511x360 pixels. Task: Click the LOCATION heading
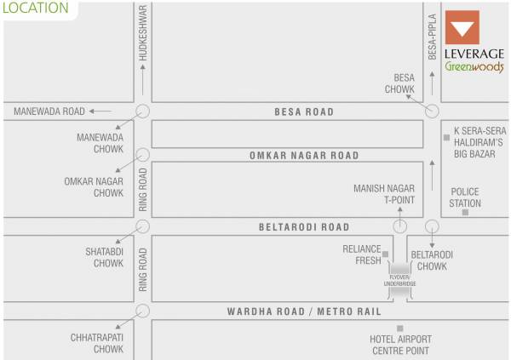(x=35, y=9)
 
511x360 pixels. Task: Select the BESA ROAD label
(x=304, y=111)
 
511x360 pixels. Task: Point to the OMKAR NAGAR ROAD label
(x=304, y=156)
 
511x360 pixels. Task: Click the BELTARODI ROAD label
(x=304, y=227)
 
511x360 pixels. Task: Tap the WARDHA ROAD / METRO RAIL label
(x=304, y=311)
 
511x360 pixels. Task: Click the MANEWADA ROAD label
(x=49, y=111)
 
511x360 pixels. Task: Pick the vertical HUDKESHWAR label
(x=143, y=32)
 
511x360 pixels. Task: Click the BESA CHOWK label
(x=399, y=83)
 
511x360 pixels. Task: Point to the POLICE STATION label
(x=466, y=197)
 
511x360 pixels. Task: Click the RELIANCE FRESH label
(x=362, y=254)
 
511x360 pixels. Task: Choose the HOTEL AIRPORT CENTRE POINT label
(x=399, y=344)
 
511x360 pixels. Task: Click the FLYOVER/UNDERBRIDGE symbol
(x=399, y=280)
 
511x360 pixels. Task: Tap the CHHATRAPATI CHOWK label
(x=97, y=343)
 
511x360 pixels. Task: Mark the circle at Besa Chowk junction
(x=432, y=111)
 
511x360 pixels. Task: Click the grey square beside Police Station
(x=465, y=212)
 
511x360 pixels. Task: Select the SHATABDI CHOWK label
(x=104, y=256)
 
